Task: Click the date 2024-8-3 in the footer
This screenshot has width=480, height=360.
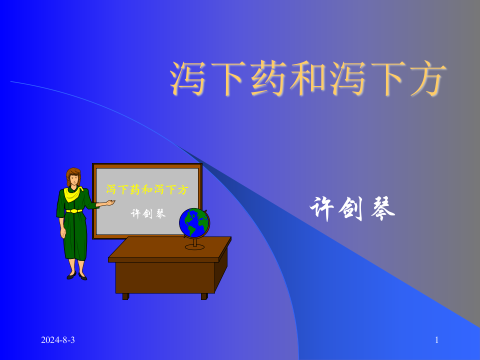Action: (x=58, y=340)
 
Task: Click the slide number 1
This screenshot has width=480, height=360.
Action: (x=436, y=340)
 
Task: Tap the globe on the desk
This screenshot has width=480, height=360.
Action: (x=194, y=223)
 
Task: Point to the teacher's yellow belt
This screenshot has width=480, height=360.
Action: (x=74, y=211)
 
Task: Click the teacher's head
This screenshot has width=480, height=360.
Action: (x=73, y=176)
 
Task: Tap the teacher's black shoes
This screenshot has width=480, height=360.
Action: (x=76, y=275)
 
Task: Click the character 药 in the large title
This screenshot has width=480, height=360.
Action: (x=268, y=79)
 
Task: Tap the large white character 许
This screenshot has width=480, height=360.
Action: (x=322, y=209)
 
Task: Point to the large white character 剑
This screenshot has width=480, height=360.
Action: (x=352, y=209)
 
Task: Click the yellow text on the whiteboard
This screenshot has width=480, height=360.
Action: (x=147, y=189)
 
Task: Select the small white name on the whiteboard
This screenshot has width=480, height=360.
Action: (x=148, y=213)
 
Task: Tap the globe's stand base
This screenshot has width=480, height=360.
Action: (x=194, y=246)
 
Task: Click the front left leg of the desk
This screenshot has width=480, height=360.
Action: (x=125, y=296)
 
